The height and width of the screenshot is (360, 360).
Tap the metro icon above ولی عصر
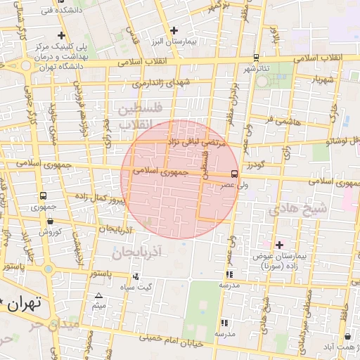pyautogui.click(x=234, y=173)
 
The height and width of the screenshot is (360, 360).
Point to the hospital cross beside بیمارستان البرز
pyautogui.click(x=174, y=30)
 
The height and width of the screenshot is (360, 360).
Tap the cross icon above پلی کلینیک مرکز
pyautogui.click(x=63, y=35)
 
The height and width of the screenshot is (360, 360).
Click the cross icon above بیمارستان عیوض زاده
pyautogui.click(x=280, y=245)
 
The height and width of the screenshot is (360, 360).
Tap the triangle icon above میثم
pyautogui.click(x=98, y=295)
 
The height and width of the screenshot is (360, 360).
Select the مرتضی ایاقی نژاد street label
pyautogui.click(x=196, y=141)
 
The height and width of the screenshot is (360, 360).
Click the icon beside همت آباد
pyautogui.click(x=340, y=337)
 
